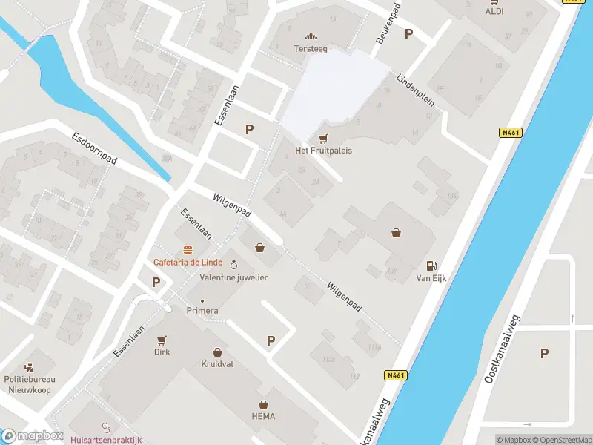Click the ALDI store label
494,11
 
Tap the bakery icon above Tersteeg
310,36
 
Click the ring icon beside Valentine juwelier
234,265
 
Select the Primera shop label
202,310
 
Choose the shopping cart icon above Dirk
162,340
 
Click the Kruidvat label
217,364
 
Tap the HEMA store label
262,416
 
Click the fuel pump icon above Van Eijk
431,266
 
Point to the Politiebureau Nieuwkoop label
30,383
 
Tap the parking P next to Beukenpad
408,33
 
